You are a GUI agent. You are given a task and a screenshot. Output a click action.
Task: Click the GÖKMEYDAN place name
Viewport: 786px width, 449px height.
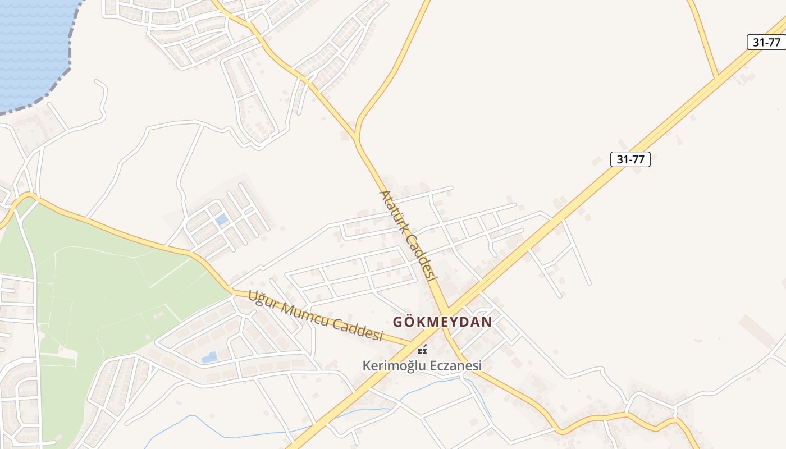442,322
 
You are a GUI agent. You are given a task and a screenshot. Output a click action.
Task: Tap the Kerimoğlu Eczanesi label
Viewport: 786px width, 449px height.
422,366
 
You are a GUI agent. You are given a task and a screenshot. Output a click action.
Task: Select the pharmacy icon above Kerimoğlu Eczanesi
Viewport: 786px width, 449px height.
422,350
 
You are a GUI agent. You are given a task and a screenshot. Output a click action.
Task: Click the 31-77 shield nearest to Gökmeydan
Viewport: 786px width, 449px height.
630,159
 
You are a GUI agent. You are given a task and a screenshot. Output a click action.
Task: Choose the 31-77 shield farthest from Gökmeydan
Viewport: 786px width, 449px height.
766,42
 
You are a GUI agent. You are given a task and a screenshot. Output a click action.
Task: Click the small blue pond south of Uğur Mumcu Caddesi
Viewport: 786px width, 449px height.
209,357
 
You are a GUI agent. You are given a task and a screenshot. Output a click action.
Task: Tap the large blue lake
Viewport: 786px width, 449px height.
31,45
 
